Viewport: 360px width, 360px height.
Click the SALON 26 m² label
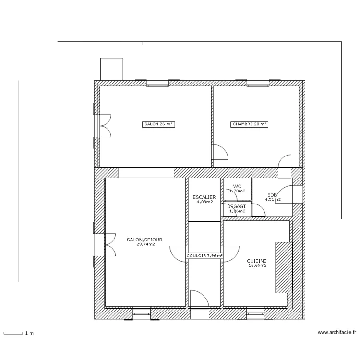[x=158, y=124]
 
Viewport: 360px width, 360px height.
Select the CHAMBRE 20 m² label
[x=249, y=124]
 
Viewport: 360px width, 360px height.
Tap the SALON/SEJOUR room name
[x=144, y=240]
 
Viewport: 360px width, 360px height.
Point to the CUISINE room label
[x=257, y=261]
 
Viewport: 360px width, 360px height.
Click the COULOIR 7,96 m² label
[x=205, y=256]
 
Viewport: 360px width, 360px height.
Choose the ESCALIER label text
[x=204, y=197]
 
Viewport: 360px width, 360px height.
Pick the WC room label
[x=237, y=186]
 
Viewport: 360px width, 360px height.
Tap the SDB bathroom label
[x=272, y=195]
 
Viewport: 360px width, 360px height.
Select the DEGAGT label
[x=237, y=206]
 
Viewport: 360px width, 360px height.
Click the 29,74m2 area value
[x=144, y=244]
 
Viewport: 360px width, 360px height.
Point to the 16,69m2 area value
[x=257, y=265]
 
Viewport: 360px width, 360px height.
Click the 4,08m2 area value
[x=204, y=202]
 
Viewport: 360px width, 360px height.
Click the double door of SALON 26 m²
[x=104, y=126]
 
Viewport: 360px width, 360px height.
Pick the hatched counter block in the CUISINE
[x=283, y=267]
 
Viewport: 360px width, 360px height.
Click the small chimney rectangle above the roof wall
[x=111, y=69]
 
